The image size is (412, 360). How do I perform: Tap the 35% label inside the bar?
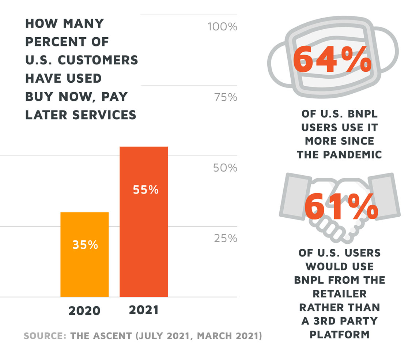tap(85, 245)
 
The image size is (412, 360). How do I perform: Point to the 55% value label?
tap(145, 190)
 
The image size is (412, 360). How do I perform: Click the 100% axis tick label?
tap(222, 27)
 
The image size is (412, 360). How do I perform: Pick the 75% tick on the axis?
tap(225, 98)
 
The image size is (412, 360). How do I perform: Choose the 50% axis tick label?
tap(225, 168)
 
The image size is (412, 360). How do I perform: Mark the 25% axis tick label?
tap(225, 239)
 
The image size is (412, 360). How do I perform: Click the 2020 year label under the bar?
tap(84, 311)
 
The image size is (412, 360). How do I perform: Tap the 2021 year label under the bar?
tap(144, 310)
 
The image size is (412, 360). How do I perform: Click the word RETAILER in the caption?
tap(340, 294)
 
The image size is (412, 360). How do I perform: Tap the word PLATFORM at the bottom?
tap(340, 334)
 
